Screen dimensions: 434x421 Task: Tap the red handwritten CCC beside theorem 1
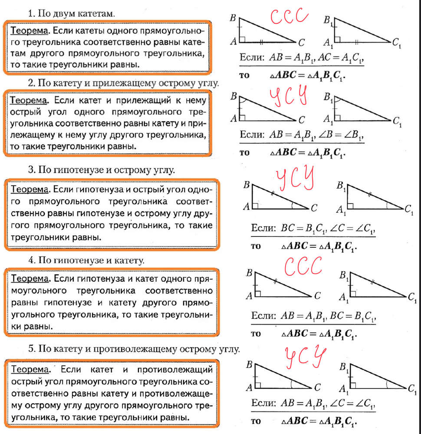tap(289, 16)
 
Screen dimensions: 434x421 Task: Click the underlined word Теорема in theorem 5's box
tap(29, 370)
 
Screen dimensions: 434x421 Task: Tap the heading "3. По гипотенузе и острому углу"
tap(102, 170)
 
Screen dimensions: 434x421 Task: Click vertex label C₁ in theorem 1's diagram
tap(396, 42)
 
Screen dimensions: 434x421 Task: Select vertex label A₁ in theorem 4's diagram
tap(343, 298)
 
